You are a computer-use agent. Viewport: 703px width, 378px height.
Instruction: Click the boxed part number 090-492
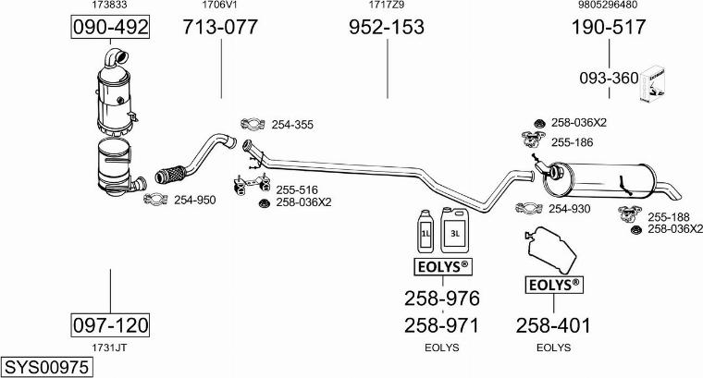[x=111, y=28]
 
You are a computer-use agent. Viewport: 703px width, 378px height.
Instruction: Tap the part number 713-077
[x=220, y=28]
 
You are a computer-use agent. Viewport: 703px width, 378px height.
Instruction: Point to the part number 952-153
[x=387, y=28]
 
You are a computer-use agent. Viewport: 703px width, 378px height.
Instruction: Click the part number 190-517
[x=608, y=28]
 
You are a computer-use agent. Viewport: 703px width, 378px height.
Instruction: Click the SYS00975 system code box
[x=46, y=367]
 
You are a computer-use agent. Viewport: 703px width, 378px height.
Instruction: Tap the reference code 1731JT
[x=109, y=348]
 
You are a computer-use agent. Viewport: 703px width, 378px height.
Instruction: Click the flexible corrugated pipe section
[x=172, y=172]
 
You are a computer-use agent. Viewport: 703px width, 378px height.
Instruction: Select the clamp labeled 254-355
[x=251, y=125]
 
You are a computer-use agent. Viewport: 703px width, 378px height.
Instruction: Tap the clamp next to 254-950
[x=154, y=200]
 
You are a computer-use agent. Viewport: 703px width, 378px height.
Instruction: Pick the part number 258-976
[x=441, y=299]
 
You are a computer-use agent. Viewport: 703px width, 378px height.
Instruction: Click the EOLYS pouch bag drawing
[x=549, y=250]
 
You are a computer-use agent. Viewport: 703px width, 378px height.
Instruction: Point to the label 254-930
[x=569, y=209]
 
